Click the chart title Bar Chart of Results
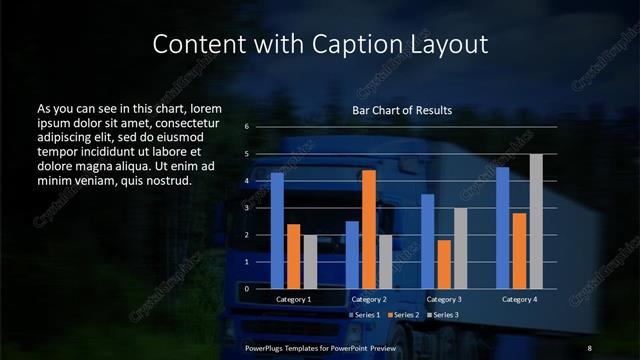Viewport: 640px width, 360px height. (402, 110)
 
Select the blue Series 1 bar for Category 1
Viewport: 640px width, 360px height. (277, 231)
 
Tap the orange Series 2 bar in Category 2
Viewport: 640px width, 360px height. (369, 229)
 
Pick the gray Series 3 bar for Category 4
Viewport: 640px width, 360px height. (536, 221)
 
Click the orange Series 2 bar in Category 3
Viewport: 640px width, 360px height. (444, 264)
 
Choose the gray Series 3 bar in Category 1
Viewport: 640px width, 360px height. (310, 262)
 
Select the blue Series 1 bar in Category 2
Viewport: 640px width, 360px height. (352, 255)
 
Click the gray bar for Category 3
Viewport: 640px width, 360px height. (460, 248)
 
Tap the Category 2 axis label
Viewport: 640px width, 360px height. (369, 299)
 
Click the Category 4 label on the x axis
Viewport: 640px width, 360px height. (520, 299)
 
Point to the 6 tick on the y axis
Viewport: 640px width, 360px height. (247, 127)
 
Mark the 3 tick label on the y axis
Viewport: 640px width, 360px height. (247, 208)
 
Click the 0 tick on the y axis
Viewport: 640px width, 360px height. (247, 288)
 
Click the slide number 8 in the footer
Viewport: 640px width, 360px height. (591, 346)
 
